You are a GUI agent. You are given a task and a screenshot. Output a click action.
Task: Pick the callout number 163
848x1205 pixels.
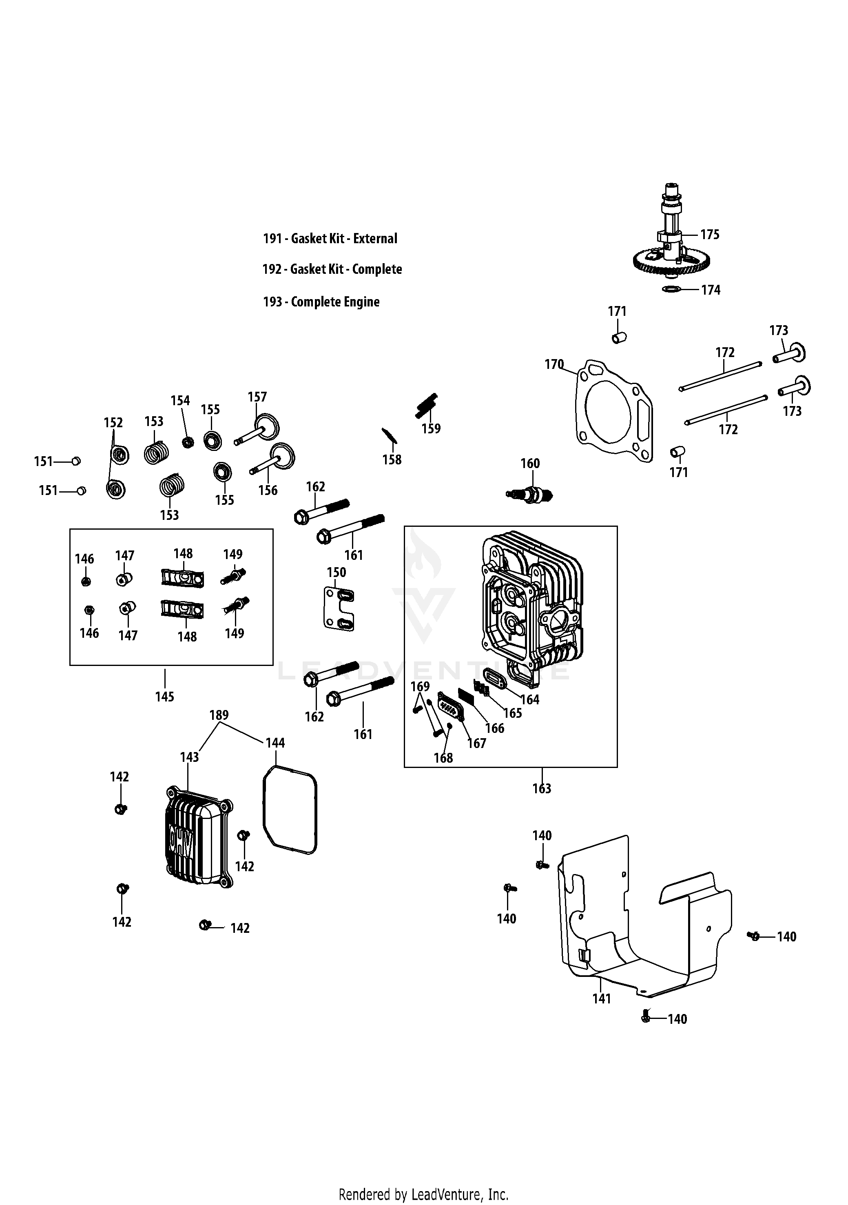[x=542, y=788]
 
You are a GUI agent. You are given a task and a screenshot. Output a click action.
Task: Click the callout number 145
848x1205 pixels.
[x=164, y=697]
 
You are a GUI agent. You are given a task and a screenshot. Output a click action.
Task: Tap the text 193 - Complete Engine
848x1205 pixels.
[x=321, y=302]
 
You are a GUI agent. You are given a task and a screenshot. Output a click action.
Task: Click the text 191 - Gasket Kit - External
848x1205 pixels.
[x=330, y=238]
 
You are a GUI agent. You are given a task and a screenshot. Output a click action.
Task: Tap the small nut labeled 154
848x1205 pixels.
[x=187, y=442]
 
